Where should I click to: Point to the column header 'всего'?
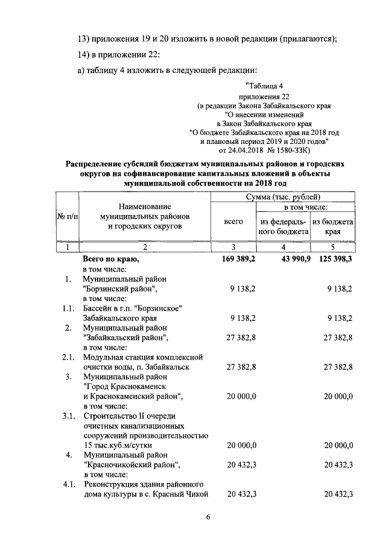pyautogui.click(x=233, y=222)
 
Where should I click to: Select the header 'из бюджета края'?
pyautogui.click(x=333, y=226)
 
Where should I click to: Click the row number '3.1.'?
pyautogui.click(x=69, y=416)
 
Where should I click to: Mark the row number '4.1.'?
pyautogui.click(x=69, y=484)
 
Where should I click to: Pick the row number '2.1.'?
pyautogui.click(x=69, y=357)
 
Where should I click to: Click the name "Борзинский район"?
pyautogui.click(x=121, y=289)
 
